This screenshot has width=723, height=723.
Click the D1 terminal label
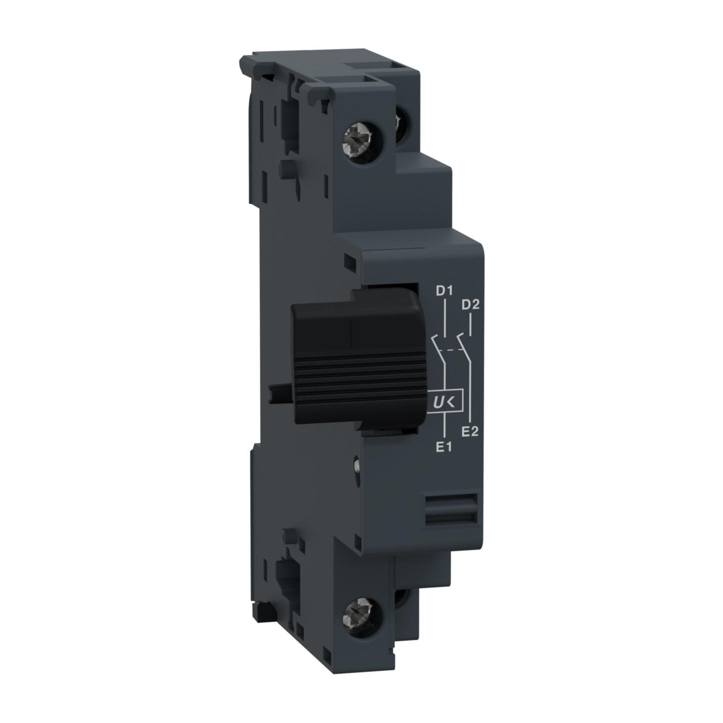click(443, 291)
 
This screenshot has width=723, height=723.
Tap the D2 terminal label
click(469, 305)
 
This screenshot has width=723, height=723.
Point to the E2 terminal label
click(469, 431)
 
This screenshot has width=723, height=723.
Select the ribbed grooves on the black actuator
click(361, 381)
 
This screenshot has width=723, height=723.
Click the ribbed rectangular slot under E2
click(452, 508)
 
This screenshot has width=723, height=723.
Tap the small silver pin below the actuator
click(357, 465)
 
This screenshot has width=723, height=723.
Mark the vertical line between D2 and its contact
click(469, 322)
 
